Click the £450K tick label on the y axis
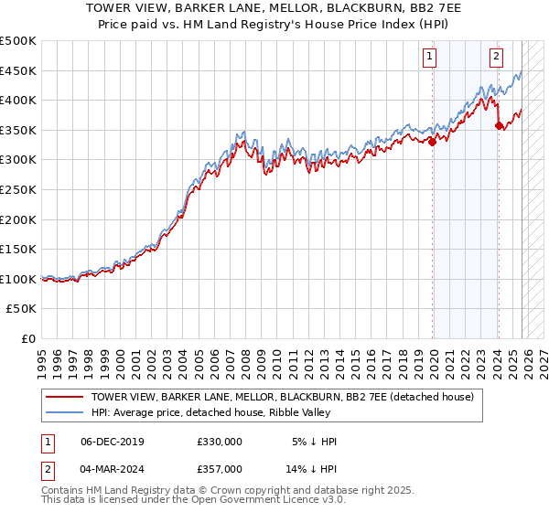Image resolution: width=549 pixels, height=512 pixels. [x=18, y=70]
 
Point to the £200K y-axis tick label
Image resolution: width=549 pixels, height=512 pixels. [x=18, y=219]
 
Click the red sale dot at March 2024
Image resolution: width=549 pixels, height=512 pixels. [x=499, y=126]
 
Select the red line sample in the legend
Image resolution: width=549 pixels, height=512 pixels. [x=65, y=397]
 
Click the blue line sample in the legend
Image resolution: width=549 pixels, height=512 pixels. [x=65, y=413]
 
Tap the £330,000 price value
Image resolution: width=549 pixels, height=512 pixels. [x=219, y=442]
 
